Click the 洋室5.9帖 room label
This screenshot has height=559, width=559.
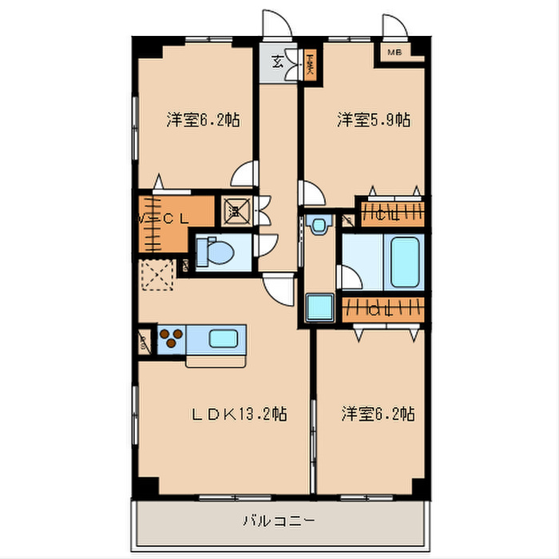pos(373,121)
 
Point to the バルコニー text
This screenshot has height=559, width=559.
pos(279,521)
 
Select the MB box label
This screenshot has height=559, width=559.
pos(394,54)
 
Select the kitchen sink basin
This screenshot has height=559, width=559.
pos(224,339)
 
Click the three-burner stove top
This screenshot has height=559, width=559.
pos(171,339)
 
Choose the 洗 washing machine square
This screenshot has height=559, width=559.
pos(236,210)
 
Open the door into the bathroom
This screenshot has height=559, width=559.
pos(349,278)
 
